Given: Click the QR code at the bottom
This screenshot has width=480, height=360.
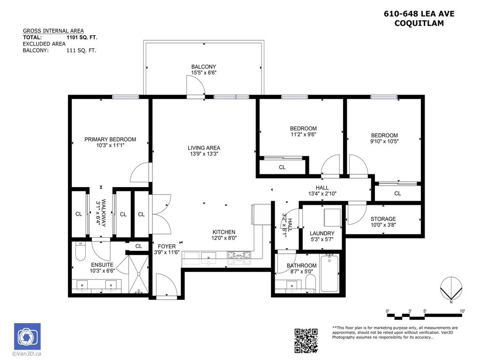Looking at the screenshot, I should click(x=306, y=340).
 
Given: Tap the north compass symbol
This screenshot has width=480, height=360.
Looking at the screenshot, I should click(x=451, y=288).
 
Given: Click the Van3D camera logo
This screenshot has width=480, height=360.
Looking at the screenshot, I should click(x=27, y=337).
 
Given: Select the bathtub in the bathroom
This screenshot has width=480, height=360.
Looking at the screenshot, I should click(x=330, y=273).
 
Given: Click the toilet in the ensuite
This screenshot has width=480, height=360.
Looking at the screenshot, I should click(x=80, y=252).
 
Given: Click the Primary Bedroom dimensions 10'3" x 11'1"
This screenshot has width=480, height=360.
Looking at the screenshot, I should click(x=110, y=146).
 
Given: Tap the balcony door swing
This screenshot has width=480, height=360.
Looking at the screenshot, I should click(x=195, y=86).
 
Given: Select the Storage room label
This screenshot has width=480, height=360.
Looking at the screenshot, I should click(x=383, y=219).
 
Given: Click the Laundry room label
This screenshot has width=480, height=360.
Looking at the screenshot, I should click(x=322, y=233).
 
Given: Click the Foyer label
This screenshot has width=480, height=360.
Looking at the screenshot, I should click(x=166, y=247).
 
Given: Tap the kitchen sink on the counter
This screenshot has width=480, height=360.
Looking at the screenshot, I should click(x=208, y=256).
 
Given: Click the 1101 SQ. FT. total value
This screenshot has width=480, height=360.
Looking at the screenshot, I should click(x=82, y=37).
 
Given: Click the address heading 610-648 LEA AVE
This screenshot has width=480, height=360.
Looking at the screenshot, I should click(x=419, y=14).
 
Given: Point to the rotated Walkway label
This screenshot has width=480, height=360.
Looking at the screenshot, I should click(x=101, y=213).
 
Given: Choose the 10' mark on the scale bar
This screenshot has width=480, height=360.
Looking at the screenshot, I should click(x=463, y=311).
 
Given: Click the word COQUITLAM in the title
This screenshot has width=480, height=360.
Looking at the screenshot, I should click(x=419, y=23).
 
